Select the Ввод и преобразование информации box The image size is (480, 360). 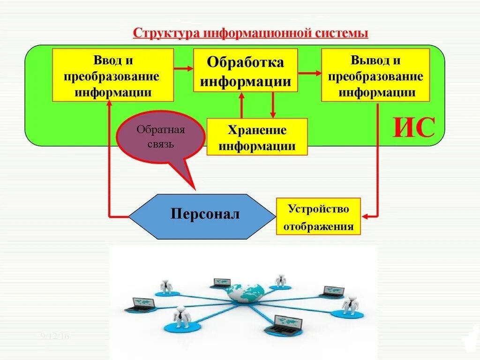(x=113, y=75)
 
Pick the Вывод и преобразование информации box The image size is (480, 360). (x=375, y=75)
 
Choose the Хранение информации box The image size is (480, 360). (x=257, y=137)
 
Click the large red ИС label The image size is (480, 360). (x=414, y=127)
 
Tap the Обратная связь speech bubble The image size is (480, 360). (x=160, y=138)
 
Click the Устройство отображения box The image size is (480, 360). (x=319, y=216)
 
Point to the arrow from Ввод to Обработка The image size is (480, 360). (x=183, y=68)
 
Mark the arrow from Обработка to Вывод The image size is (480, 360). (x=309, y=73)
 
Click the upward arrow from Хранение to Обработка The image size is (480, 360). (x=242, y=104)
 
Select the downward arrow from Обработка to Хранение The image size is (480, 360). (x=272, y=104)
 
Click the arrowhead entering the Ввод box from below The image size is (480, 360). (x=109, y=105)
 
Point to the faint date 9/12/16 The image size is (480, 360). (x=55, y=336)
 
